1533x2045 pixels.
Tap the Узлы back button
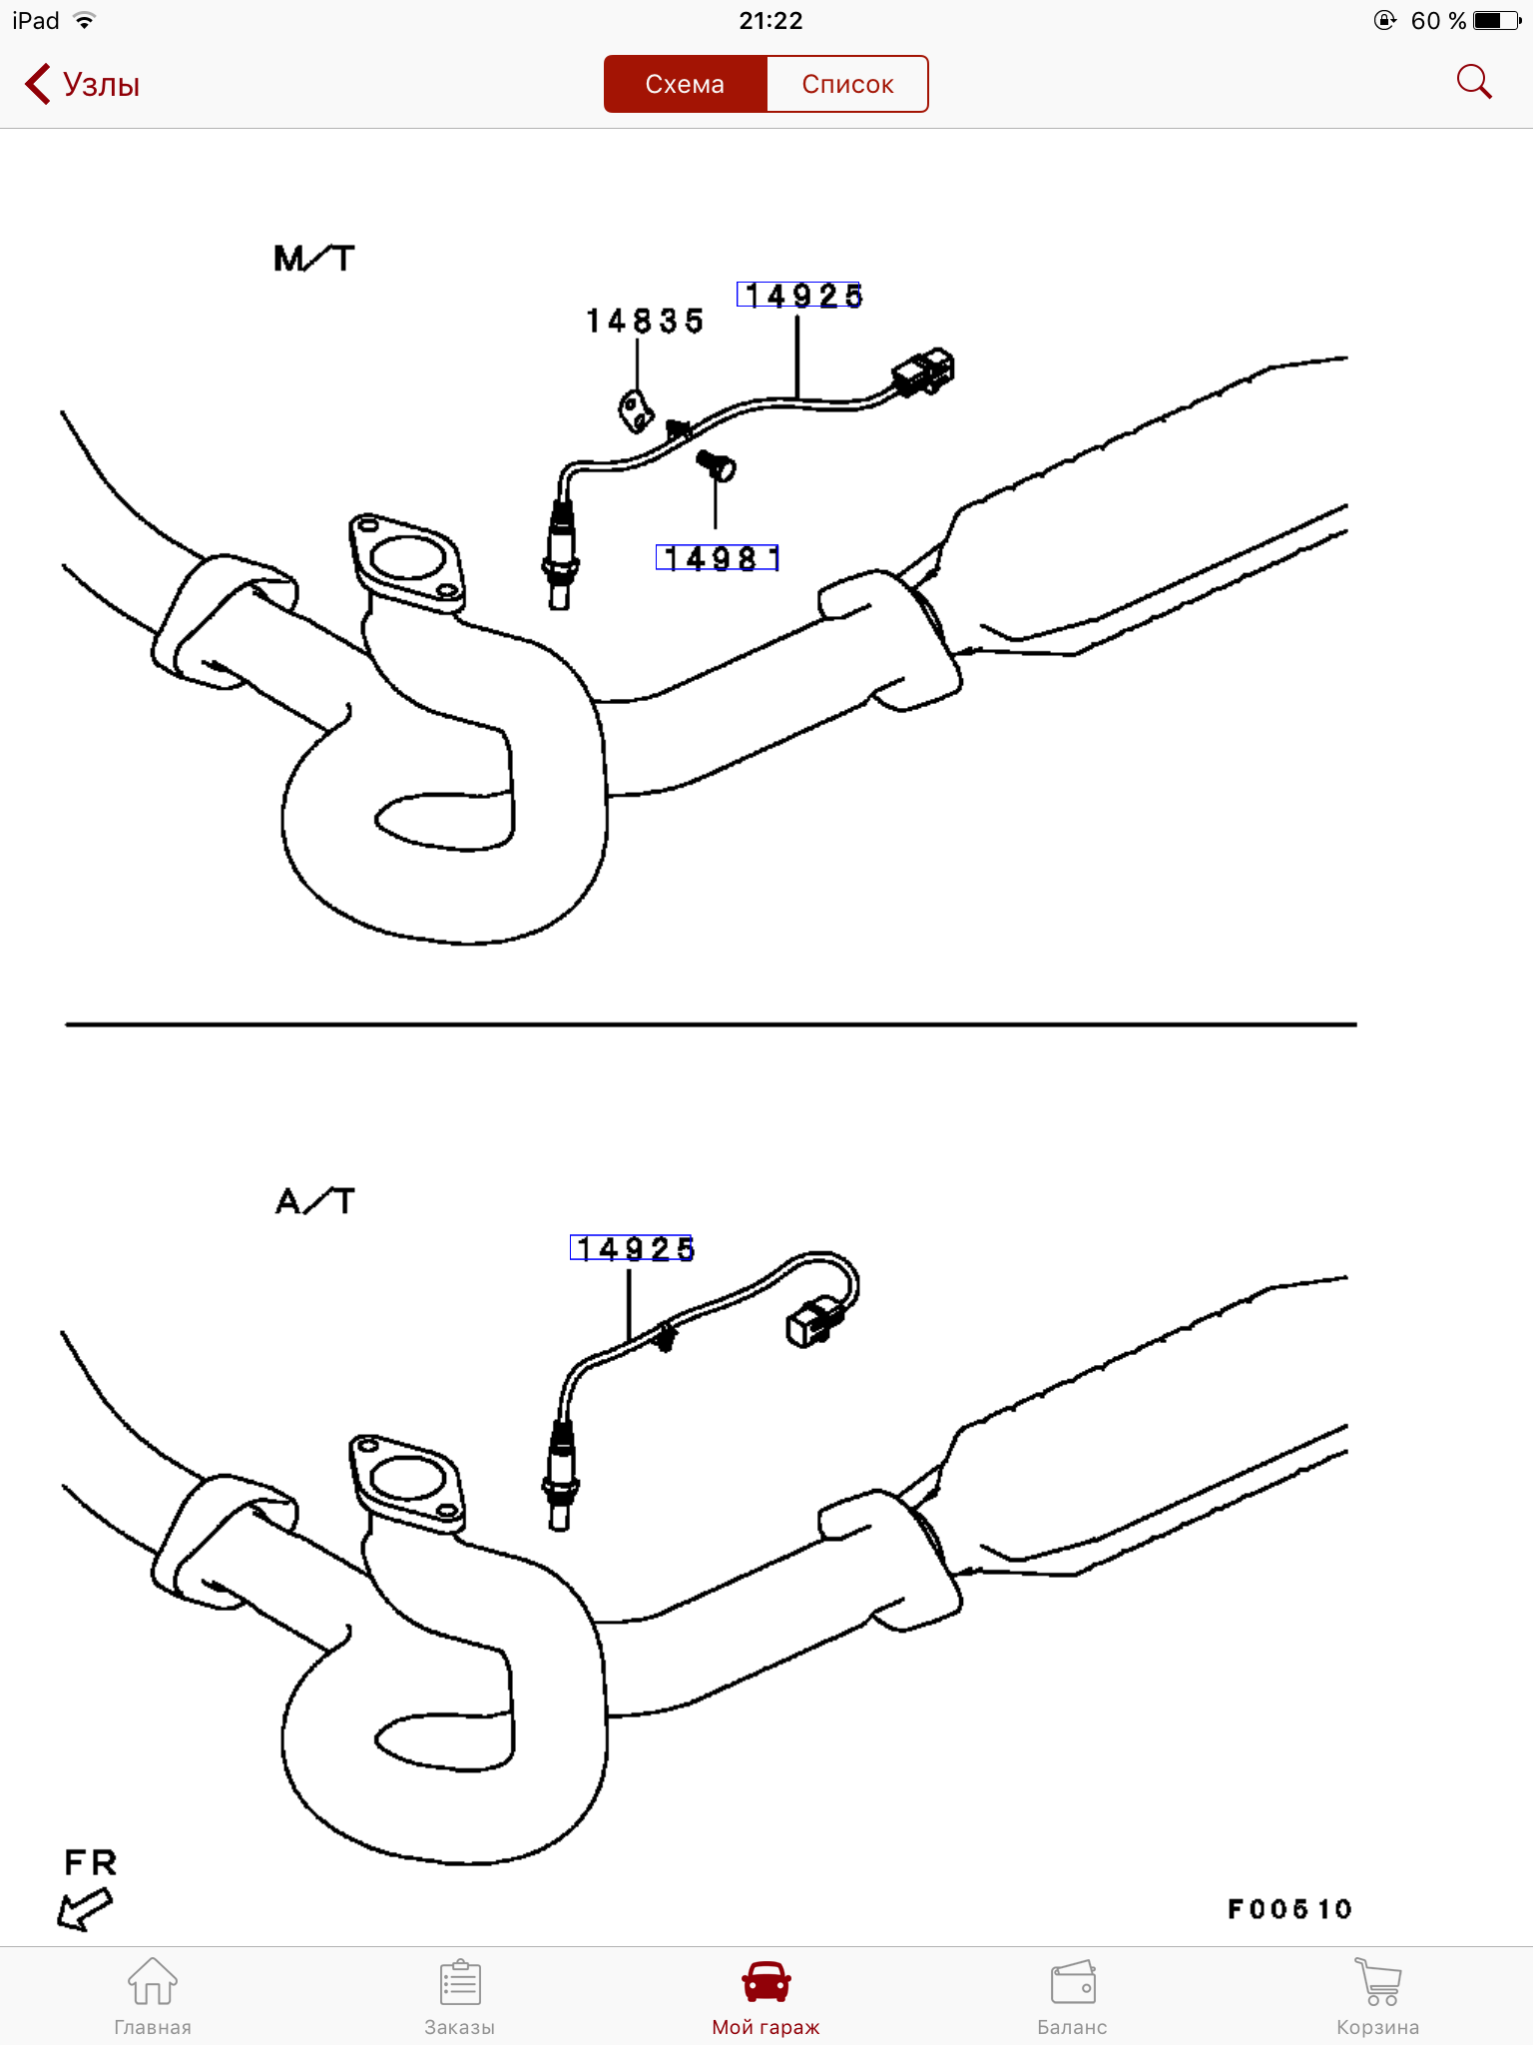pyautogui.click(x=82, y=84)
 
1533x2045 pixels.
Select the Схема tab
pyautogui.click(x=685, y=84)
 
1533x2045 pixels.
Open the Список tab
pyautogui.click(x=847, y=84)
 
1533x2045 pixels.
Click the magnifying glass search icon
pyautogui.click(x=1474, y=82)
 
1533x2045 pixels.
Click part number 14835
pyautogui.click(x=645, y=321)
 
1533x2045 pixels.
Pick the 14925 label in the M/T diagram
pyautogui.click(x=799, y=295)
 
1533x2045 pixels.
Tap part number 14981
pyautogui.click(x=718, y=557)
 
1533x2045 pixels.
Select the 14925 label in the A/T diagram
pyautogui.click(x=632, y=1247)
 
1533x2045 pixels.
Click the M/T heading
pyautogui.click(x=314, y=259)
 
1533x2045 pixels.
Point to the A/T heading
pyautogui.click(x=315, y=1200)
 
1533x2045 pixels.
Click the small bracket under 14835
pyautogui.click(x=635, y=411)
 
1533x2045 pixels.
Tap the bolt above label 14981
pyautogui.click(x=716, y=464)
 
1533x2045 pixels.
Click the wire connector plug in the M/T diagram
pyautogui.click(x=923, y=371)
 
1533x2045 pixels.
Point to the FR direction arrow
pyautogui.click(x=85, y=1911)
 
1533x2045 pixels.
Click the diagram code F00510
pyautogui.click(x=1289, y=1909)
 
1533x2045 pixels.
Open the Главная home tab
pyautogui.click(x=153, y=1995)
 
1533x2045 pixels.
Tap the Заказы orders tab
pyautogui.click(x=460, y=1995)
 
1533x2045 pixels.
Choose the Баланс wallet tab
pyautogui.click(x=1073, y=1995)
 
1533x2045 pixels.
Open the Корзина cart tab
pyautogui.click(x=1378, y=1995)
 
